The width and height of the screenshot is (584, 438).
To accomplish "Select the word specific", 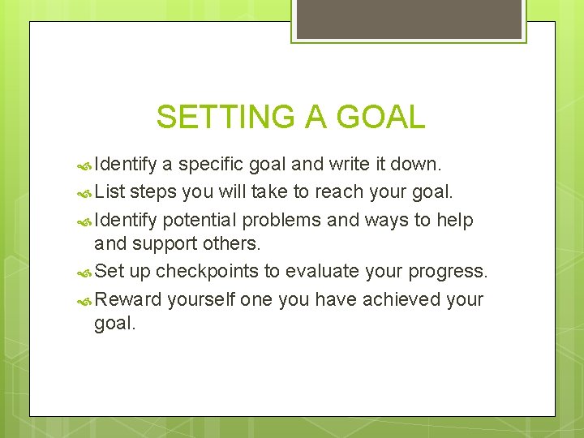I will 212,165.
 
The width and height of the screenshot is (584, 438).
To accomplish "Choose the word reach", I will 337,192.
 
